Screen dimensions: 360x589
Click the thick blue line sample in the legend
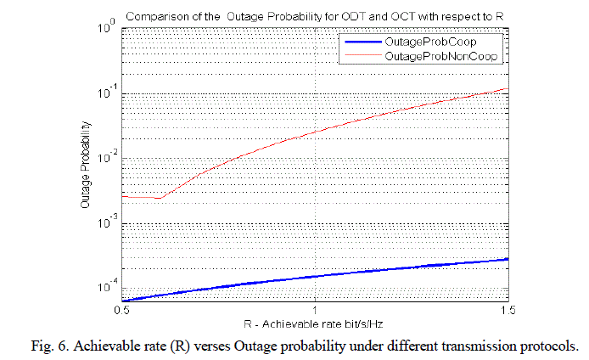coord(361,42)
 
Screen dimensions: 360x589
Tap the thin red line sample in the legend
coord(361,55)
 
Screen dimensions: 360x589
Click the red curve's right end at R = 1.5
coord(508,88)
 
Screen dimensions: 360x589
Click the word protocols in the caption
coord(547,345)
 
